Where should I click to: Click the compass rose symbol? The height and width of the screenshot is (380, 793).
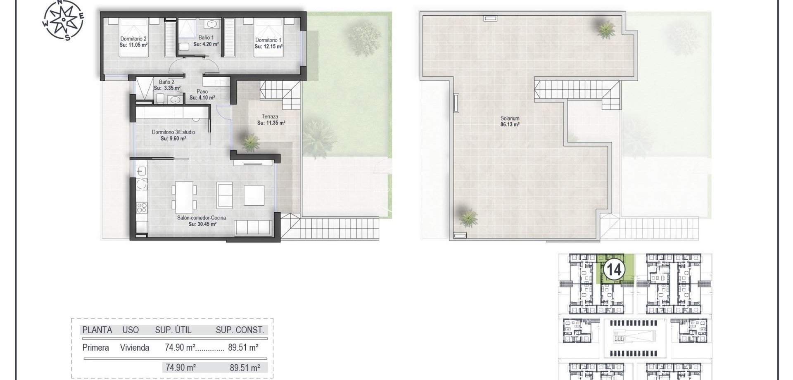(64, 20)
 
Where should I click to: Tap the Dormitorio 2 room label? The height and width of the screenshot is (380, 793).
(133, 39)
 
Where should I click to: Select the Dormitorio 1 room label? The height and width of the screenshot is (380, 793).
(268, 40)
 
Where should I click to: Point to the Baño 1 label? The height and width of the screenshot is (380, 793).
(206, 38)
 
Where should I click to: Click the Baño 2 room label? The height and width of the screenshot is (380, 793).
(167, 82)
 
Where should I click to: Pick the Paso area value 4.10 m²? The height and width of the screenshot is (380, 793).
(202, 98)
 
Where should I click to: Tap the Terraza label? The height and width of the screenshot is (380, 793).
(270, 116)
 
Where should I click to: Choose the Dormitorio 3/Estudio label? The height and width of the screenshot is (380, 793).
(173, 132)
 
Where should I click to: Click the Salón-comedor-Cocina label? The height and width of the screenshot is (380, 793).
(202, 218)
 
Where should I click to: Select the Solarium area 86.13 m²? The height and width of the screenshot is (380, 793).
(510, 124)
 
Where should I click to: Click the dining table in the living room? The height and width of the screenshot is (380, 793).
(184, 197)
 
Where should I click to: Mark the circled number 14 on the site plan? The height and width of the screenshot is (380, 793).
(614, 270)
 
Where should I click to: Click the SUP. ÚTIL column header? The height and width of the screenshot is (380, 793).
(173, 330)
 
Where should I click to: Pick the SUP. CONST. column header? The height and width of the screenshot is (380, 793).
(240, 330)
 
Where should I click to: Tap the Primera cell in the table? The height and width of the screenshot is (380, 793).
(95, 348)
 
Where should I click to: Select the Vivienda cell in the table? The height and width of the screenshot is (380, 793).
(135, 348)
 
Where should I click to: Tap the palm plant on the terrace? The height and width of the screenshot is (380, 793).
(250, 142)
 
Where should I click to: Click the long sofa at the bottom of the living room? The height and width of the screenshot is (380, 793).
(253, 228)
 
